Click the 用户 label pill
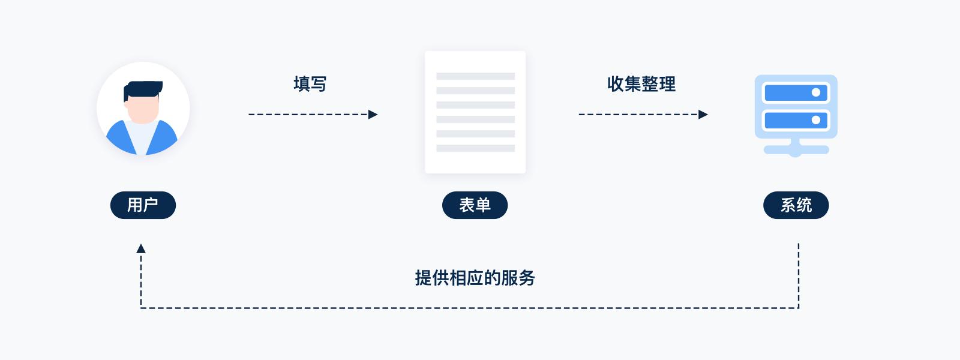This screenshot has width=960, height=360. [x=143, y=205]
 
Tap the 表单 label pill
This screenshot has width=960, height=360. [x=475, y=205]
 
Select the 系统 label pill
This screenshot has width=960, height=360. [x=796, y=205]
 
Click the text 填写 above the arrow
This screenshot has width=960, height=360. [x=310, y=84]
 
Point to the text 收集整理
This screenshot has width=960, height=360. [x=641, y=84]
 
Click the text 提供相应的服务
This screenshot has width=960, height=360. [x=475, y=278]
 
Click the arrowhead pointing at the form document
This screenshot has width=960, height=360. [x=373, y=114]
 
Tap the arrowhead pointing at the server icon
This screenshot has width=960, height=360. [x=703, y=114]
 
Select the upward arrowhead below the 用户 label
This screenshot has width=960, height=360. [x=141, y=248]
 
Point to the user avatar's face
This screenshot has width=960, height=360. [x=143, y=111]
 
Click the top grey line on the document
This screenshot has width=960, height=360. [x=475, y=76]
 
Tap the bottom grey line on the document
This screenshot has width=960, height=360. [x=475, y=148]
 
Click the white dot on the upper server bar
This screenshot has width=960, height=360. [x=815, y=92]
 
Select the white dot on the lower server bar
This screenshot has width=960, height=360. [x=815, y=120]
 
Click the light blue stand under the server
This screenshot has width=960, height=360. [x=796, y=149]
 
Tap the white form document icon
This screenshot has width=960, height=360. [x=475, y=112]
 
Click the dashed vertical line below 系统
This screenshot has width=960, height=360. [x=799, y=276]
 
